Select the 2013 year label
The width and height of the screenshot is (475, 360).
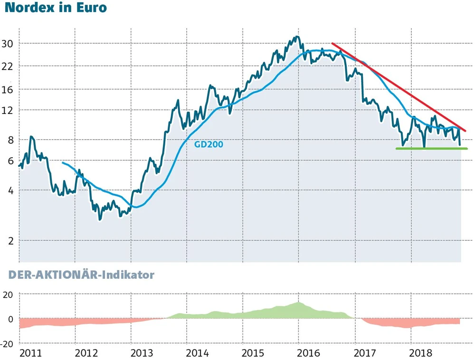click(x=142, y=353)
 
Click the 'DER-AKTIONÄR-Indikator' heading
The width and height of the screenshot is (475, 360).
click(x=81, y=275)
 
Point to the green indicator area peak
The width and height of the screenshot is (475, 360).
click(x=298, y=304)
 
